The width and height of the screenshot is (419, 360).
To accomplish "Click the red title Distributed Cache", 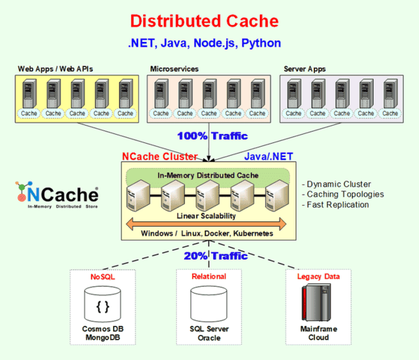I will click(204, 21).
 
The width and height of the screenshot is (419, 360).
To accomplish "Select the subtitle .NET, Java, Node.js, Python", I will click(204, 43).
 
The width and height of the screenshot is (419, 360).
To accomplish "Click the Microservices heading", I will click(174, 68).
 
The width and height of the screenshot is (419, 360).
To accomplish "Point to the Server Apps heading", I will click(304, 68).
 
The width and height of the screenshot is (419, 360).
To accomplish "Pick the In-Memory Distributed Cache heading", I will click(204, 174).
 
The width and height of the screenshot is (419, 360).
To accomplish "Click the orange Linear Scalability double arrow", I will click(204, 223).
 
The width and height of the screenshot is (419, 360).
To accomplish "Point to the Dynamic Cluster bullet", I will click(336, 183).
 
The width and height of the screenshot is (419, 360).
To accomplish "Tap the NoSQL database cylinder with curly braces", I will click(103, 304).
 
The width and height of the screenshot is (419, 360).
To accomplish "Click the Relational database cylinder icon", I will click(209, 304).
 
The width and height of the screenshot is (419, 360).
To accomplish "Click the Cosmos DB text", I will click(103, 329).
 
